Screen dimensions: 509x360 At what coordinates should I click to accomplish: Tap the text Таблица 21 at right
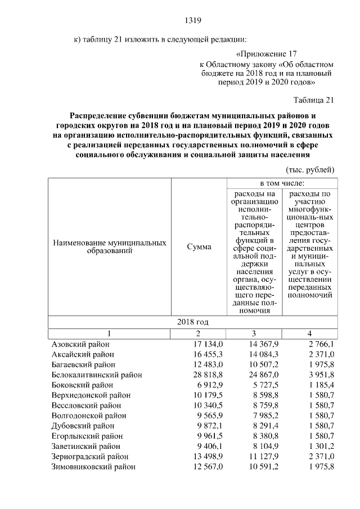pyautogui.click(x=313, y=100)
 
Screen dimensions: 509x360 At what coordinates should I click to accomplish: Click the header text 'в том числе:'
pyautogui.click(x=282, y=183)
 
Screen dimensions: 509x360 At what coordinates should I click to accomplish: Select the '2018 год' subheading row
pyautogui.click(x=193, y=322)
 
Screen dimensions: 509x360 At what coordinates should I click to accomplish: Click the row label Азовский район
pyautogui.click(x=80, y=344)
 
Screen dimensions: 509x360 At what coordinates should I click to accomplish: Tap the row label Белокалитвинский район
pyautogui.click(x=96, y=374)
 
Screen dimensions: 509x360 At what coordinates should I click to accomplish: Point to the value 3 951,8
pyautogui.click(x=318, y=374)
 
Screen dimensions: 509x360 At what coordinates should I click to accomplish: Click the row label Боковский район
pyautogui.click(x=82, y=384)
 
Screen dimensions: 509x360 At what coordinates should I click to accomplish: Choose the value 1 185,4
pyautogui.click(x=318, y=384)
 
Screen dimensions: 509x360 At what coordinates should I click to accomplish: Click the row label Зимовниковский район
pyautogui.click(x=93, y=466)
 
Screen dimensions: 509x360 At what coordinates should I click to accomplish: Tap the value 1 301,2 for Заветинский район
pyautogui.click(x=318, y=445)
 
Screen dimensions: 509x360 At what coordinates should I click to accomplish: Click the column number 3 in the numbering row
pyautogui.click(x=254, y=333)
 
